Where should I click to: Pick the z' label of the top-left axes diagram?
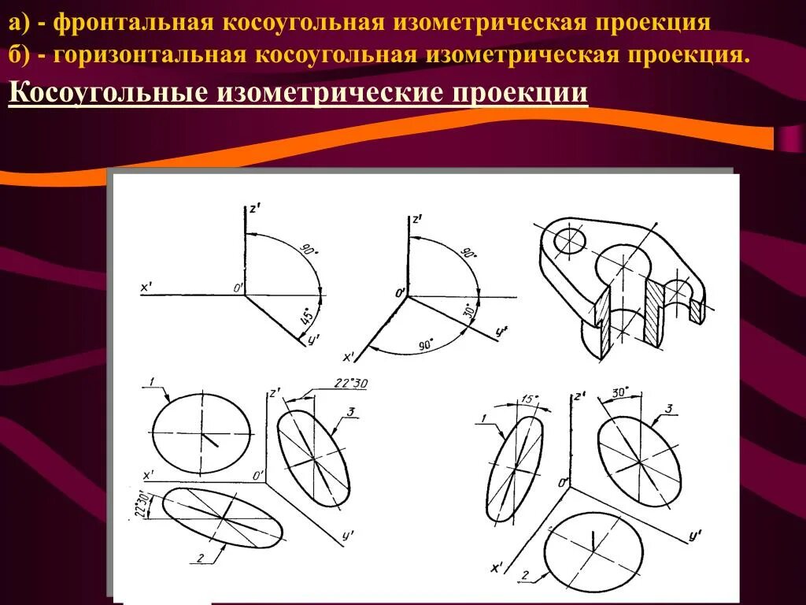[254, 210]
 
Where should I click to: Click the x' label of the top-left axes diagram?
[146, 288]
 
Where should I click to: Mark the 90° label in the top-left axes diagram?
[307, 251]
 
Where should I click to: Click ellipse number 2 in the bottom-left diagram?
[223, 518]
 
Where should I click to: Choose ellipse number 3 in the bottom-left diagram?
[313, 459]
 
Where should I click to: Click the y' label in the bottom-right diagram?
[694, 536]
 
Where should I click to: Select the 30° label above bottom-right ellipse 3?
[620, 392]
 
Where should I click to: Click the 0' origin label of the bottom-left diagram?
[258, 474]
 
